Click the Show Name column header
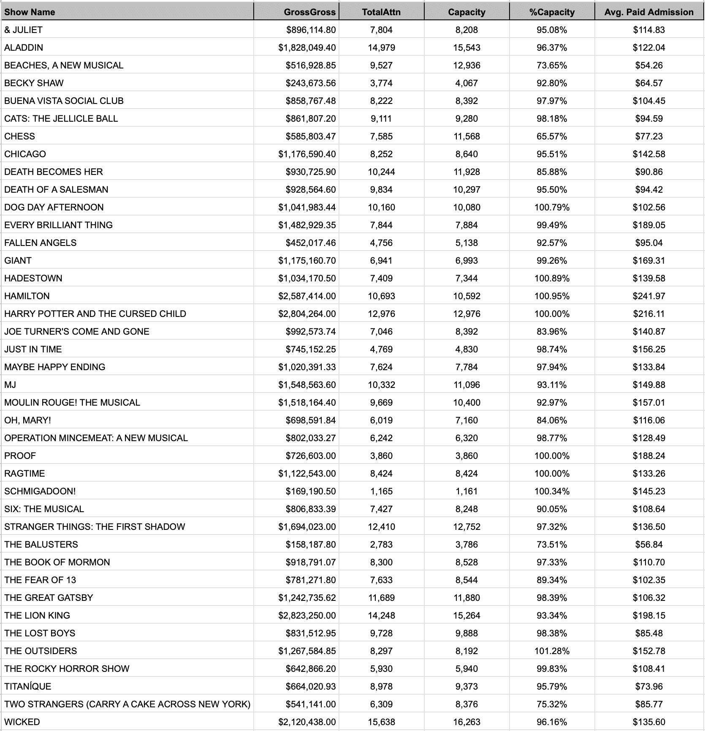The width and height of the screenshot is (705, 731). (x=30, y=12)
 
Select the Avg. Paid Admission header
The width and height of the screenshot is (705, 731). (x=649, y=12)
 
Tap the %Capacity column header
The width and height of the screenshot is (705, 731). (x=552, y=12)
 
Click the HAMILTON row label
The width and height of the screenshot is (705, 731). (x=27, y=296)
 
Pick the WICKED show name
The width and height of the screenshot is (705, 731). (x=22, y=722)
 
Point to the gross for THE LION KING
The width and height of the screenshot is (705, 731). (x=307, y=615)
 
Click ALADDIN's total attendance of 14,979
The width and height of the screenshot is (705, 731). (x=381, y=47)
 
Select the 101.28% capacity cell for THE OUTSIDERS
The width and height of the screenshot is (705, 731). (x=552, y=651)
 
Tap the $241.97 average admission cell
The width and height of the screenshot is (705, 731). (x=649, y=296)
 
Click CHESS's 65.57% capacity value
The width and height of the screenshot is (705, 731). (x=552, y=136)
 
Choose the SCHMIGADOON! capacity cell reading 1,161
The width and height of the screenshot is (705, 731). (x=466, y=491)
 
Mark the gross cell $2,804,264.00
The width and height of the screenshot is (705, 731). (x=307, y=314)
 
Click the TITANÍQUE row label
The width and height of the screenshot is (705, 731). (x=28, y=686)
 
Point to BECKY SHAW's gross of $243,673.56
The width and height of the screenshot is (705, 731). (x=311, y=83)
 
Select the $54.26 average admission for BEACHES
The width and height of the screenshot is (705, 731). (x=649, y=65)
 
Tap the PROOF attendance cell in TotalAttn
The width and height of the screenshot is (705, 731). (x=381, y=456)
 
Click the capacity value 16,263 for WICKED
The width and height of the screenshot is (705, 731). (x=466, y=722)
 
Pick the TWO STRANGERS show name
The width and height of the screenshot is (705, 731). (x=127, y=704)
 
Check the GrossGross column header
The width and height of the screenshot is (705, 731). (x=310, y=12)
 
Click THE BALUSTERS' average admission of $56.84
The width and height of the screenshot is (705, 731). (x=649, y=544)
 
